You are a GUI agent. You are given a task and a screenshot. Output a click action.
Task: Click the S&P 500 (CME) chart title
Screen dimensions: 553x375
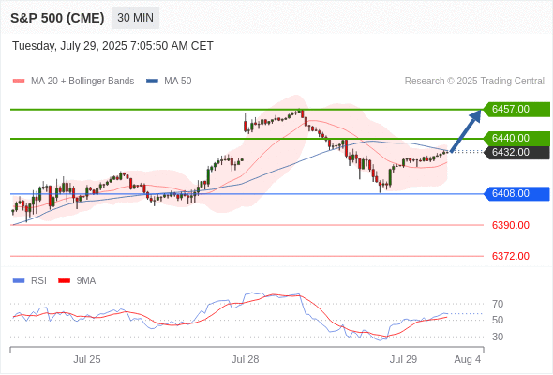(57, 18)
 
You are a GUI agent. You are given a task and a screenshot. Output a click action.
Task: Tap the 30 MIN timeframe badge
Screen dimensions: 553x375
(135, 18)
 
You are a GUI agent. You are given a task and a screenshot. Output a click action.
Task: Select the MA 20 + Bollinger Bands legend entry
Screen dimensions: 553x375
(73, 82)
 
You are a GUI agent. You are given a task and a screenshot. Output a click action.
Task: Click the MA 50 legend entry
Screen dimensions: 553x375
(169, 82)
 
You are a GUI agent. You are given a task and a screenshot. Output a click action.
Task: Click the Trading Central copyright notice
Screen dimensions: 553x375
(474, 82)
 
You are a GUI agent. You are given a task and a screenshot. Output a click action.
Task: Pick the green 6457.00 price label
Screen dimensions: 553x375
(516, 109)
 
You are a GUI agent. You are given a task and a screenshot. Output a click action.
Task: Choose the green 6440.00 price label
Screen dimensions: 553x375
(516, 138)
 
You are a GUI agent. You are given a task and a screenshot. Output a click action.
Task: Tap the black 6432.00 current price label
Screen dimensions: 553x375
(516, 152)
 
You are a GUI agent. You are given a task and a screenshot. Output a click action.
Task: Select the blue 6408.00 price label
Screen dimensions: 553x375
(516, 193)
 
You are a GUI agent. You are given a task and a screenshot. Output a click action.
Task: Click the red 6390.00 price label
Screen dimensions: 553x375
(510, 225)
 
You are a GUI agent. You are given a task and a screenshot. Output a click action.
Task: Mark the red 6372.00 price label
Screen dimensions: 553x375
(510, 256)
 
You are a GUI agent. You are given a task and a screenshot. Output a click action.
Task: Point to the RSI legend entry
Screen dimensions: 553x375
(30, 281)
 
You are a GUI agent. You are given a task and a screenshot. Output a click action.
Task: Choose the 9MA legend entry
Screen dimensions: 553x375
(77, 281)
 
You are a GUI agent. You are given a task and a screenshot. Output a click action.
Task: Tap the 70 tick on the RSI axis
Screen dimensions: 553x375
(498, 304)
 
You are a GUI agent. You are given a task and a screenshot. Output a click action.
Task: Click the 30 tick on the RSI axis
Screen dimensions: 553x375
(498, 337)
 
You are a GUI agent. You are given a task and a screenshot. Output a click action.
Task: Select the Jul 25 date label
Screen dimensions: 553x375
(87, 359)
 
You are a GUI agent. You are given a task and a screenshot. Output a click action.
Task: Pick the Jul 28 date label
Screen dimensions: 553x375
(246, 359)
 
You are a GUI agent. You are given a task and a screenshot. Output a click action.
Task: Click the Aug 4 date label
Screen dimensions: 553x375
(468, 359)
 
